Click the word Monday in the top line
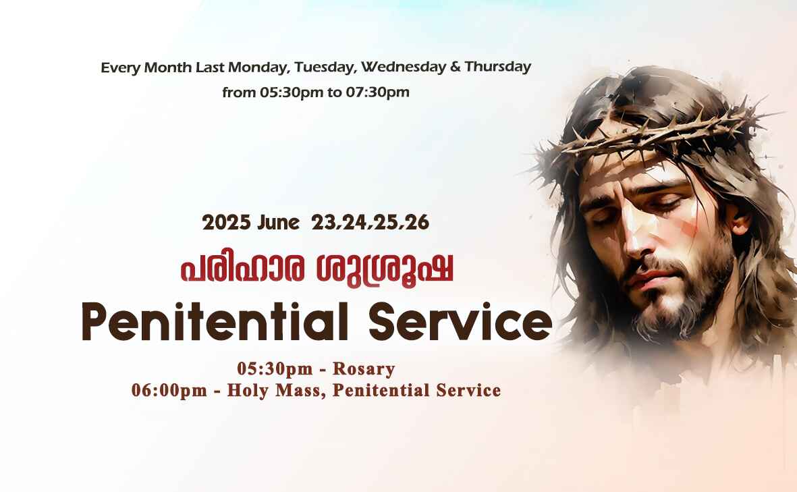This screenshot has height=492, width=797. (258, 67)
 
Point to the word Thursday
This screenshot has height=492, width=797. (497, 67)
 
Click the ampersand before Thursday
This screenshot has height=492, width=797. (455, 67)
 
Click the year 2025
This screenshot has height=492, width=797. (226, 223)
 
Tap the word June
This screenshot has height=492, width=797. (278, 223)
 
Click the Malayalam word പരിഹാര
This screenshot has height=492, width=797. (242, 269)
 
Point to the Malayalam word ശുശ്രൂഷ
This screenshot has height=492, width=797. (384, 270)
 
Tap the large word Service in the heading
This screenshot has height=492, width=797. (460, 322)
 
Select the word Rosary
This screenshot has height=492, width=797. (364, 369)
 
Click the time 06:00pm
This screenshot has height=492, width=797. (169, 390)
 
